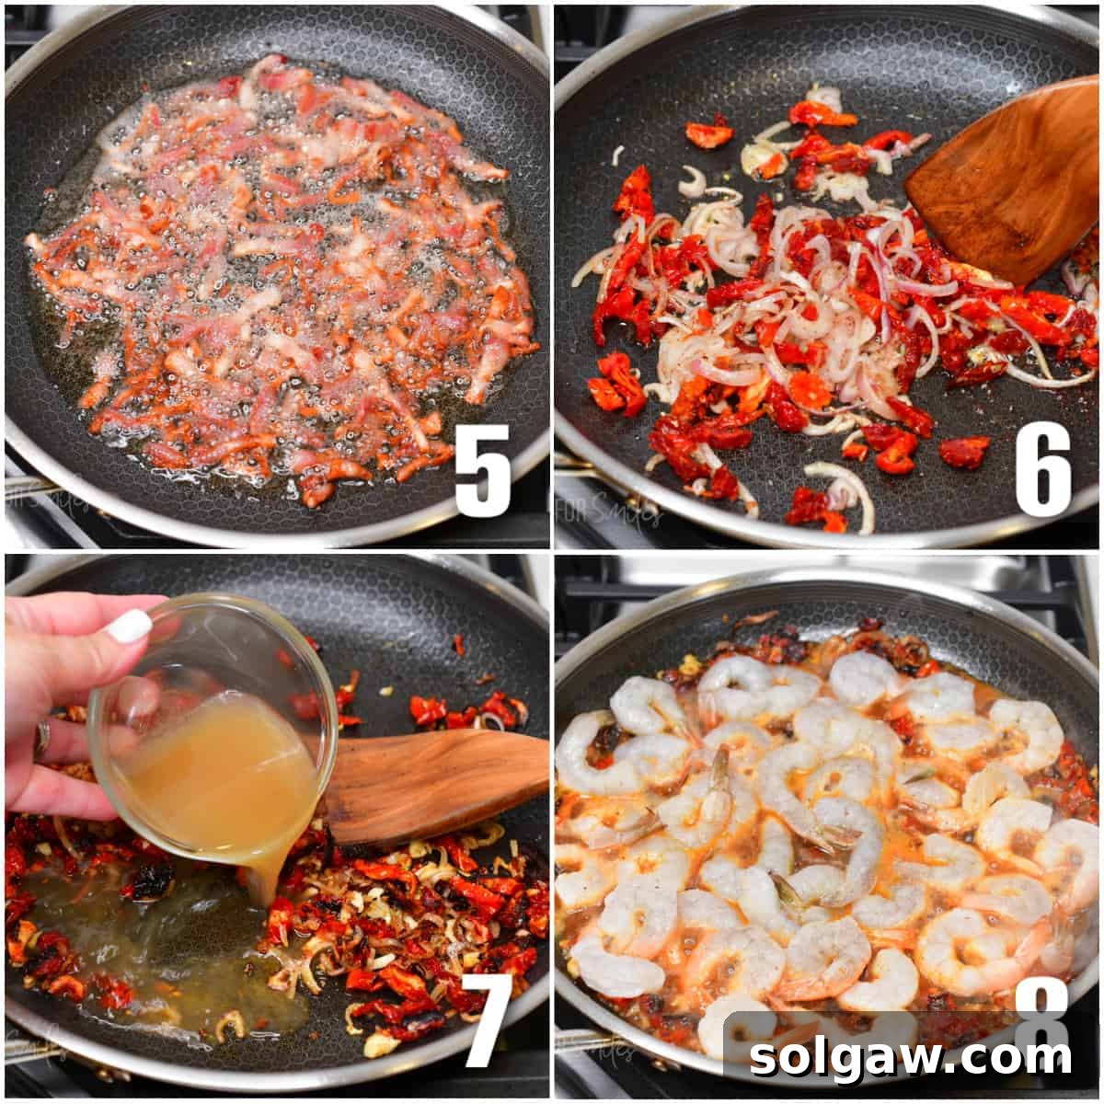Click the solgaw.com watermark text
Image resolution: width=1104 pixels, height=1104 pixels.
[x=911, y=1057]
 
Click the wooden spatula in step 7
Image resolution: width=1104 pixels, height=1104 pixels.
[x=432, y=782]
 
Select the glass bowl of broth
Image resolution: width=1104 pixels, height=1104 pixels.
[x=216, y=727]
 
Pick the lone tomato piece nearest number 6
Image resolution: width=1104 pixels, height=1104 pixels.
[x=963, y=451]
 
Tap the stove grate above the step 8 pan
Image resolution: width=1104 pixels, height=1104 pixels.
[x=828, y=575]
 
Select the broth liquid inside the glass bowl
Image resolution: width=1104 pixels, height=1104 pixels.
[x=221, y=773]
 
